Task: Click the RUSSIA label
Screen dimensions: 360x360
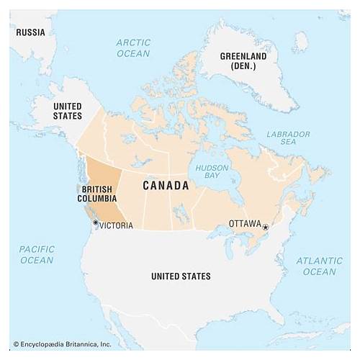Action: tap(30, 32)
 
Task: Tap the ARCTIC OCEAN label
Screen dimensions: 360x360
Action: tap(133, 48)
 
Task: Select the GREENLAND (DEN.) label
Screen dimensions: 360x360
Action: tap(243, 61)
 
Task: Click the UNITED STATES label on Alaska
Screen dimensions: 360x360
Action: tap(67, 110)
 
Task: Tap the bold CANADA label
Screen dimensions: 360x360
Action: tap(166, 186)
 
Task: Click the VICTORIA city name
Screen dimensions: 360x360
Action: tap(116, 225)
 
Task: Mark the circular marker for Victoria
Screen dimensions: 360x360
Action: tap(95, 223)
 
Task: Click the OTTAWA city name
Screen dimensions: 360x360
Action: tap(244, 224)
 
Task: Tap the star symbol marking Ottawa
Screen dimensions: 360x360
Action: tap(265, 227)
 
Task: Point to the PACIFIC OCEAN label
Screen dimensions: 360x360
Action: tap(37, 254)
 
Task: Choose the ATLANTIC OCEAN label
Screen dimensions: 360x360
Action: tap(319, 266)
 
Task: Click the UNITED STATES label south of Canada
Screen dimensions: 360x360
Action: tap(181, 276)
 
